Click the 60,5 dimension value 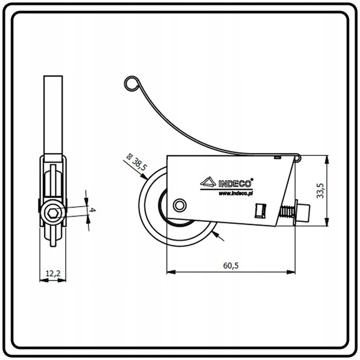(230, 266)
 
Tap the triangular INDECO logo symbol (208, 182)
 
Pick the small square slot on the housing (259, 210)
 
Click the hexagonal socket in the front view (52, 215)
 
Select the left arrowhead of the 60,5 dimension (169, 272)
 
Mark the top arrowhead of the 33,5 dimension (327, 158)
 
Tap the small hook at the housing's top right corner (298, 158)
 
